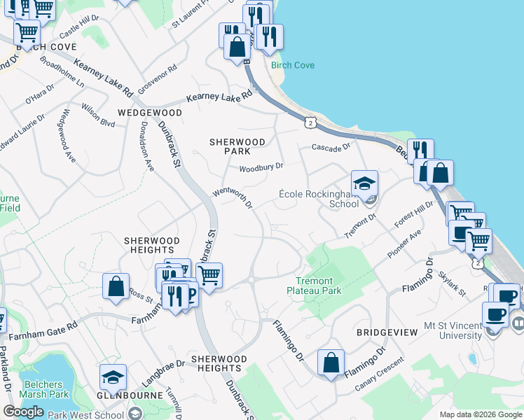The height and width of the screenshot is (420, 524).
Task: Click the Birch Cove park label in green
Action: coord(293,65)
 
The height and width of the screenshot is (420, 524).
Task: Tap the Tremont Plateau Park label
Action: coord(314,285)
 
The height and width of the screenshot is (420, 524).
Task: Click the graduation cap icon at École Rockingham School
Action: coord(364,184)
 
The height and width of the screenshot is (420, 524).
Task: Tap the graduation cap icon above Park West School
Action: coord(113,378)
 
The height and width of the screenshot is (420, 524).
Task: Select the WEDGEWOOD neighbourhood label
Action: coord(150,112)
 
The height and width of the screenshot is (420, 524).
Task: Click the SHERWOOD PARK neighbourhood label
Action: coord(237,146)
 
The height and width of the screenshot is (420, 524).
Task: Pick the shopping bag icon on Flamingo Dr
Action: coord(331,363)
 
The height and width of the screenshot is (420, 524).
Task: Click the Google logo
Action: coord(23,412)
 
